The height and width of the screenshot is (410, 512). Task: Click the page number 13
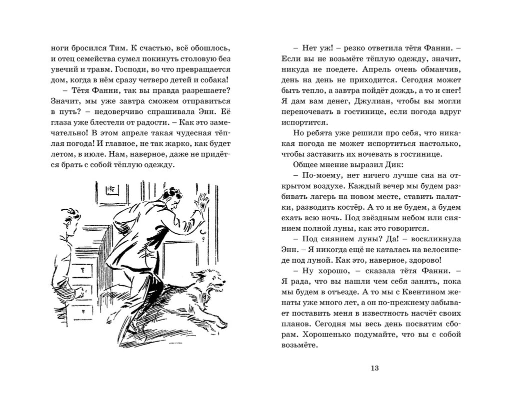[x=375, y=369]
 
